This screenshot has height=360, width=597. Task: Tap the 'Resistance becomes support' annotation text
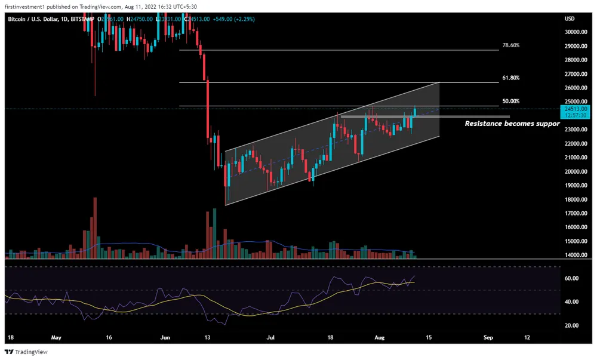click(512, 124)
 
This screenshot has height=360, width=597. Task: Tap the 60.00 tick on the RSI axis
click(571, 279)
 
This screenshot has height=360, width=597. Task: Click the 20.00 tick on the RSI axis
click(571, 325)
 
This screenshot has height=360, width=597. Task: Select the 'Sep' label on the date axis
click(488, 337)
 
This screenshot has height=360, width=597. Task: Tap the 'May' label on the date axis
click(57, 337)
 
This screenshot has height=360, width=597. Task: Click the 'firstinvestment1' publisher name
click(28, 7)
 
